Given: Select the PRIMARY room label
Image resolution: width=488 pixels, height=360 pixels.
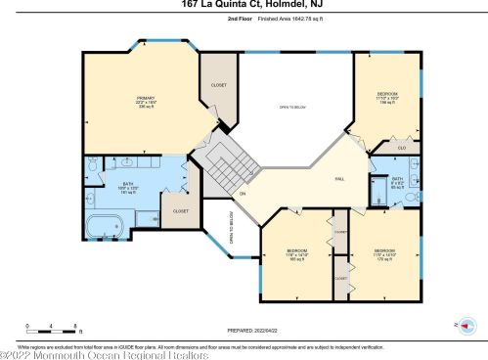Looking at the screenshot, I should (145, 102).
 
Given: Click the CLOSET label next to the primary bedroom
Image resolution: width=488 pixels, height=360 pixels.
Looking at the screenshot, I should (219, 86).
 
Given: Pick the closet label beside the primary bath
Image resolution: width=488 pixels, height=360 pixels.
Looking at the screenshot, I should (181, 210).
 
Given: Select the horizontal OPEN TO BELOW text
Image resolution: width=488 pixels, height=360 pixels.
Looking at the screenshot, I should (292, 107).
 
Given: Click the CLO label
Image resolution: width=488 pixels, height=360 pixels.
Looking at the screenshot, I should (403, 148).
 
